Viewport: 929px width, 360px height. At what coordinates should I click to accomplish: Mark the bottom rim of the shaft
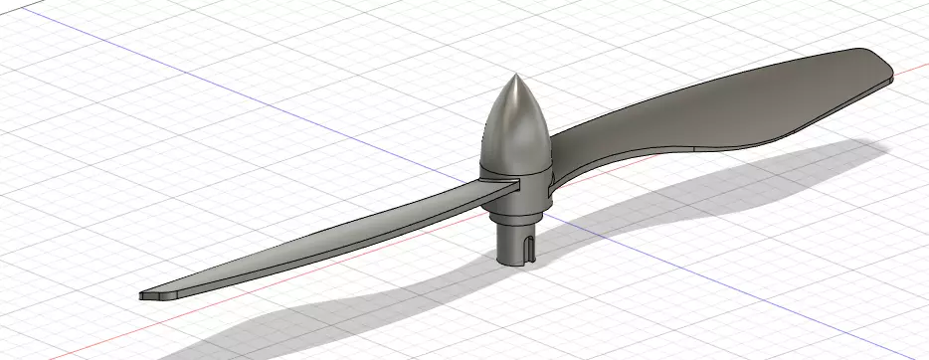(517, 263)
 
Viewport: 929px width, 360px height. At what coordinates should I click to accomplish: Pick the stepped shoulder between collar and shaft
(517, 211)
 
